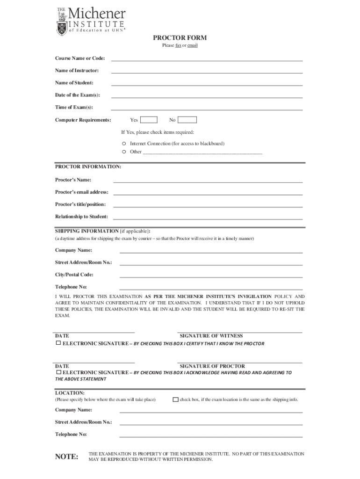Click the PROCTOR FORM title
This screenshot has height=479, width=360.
pos(180,38)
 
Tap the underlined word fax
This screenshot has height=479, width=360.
pos(178,45)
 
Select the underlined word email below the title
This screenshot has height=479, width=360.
pos(192,45)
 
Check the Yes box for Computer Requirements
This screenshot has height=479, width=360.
pos(149,120)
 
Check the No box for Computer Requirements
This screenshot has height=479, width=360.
pos(187,120)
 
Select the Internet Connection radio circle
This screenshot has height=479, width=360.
pos(124,144)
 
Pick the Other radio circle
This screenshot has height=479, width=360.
pos(124,152)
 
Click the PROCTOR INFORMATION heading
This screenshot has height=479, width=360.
pos(88,167)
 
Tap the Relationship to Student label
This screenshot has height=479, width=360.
pos(81,217)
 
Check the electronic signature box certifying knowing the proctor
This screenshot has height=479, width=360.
pos(58,343)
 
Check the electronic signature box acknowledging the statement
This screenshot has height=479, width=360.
pos(58,372)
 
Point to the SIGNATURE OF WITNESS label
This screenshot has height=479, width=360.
pos(211,336)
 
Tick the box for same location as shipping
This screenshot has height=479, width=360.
pos(175,400)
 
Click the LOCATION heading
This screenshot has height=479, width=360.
pos(70,393)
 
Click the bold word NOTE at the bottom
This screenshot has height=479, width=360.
pos(66,457)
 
